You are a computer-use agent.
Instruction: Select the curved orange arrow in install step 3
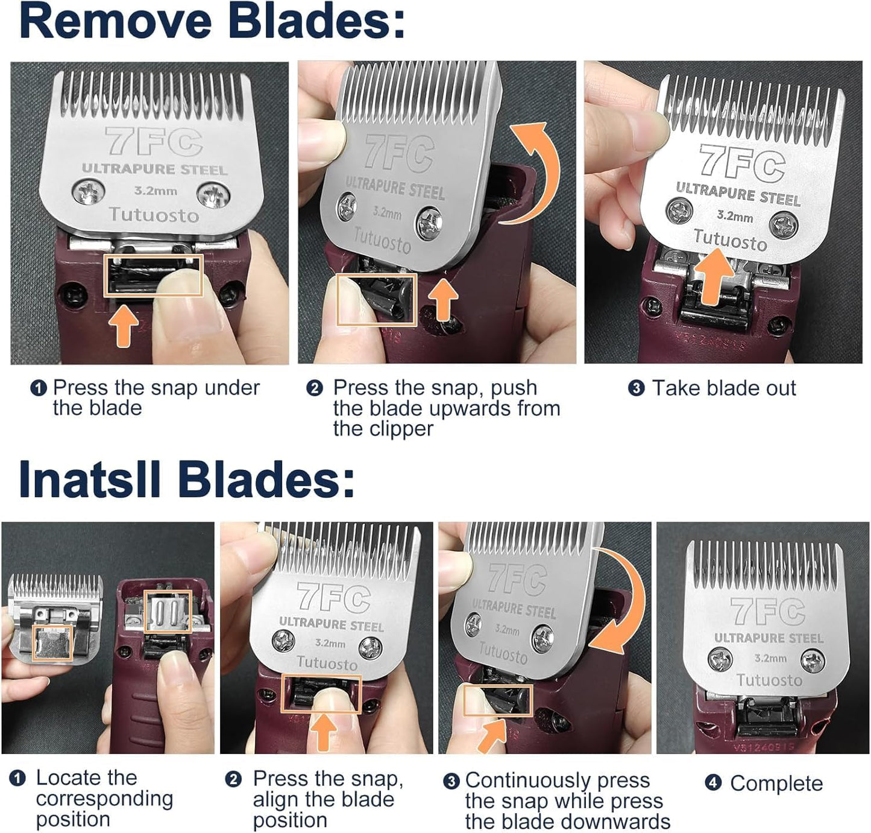(x=621, y=597)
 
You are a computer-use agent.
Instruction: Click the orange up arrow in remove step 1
(x=124, y=326)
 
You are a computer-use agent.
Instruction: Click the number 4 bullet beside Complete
(x=713, y=783)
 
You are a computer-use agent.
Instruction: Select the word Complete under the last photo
(x=776, y=784)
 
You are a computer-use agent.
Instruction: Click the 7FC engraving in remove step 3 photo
(x=741, y=163)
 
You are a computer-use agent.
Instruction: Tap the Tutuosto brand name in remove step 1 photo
(x=154, y=215)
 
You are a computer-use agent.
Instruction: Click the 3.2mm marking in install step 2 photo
(x=330, y=643)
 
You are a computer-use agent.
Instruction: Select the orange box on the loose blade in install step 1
(x=52, y=643)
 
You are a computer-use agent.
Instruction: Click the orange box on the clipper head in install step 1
(x=168, y=611)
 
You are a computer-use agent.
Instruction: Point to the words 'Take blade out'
(x=724, y=388)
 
